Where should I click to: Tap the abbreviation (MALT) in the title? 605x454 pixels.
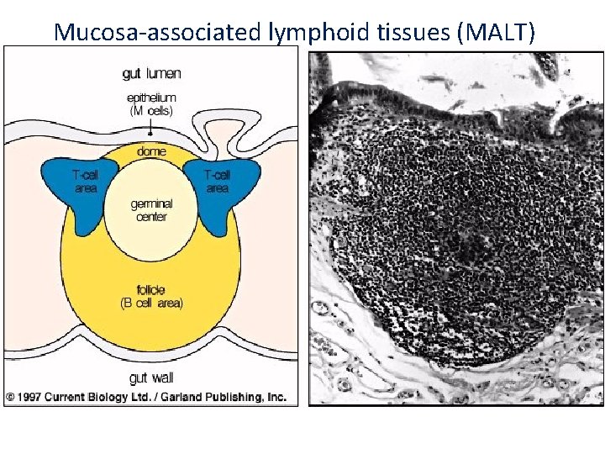508,32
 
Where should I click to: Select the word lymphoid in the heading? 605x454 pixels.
311,32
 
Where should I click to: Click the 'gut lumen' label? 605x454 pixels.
151,73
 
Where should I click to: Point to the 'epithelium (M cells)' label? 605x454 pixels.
151,103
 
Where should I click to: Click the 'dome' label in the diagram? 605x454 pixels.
150,151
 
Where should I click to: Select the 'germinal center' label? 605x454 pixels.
150,210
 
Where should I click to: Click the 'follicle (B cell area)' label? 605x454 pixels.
150,297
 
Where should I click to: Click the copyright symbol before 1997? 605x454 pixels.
10,397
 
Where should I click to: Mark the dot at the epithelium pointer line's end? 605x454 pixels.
150,134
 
